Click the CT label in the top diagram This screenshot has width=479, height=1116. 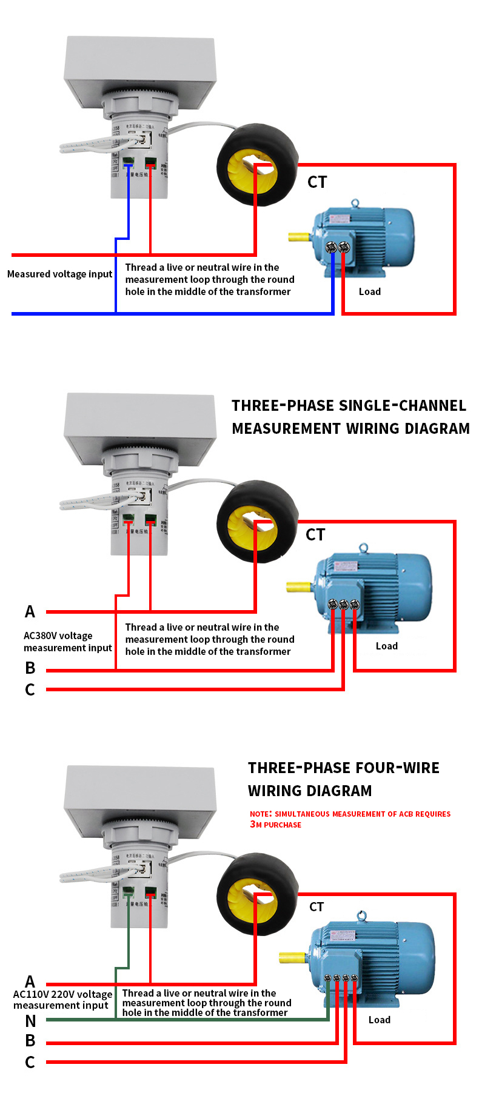(x=317, y=182)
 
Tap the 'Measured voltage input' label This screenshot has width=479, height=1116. (x=59, y=274)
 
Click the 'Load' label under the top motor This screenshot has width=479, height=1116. (x=369, y=291)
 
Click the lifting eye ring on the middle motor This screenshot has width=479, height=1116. (x=363, y=548)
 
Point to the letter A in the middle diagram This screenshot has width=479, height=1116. (x=30, y=611)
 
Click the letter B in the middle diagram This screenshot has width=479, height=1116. (x=30, y=668)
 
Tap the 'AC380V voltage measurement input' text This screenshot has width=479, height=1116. (x=67, y=642)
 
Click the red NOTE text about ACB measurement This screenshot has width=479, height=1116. (x=350, y=819)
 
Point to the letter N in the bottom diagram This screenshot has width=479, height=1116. (x=30, y=1021)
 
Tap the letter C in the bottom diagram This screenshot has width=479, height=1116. (x=30, y=1062)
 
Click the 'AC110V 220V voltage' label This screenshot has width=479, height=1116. (x=62, y=994)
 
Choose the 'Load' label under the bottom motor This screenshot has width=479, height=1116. (x=379, y=1020)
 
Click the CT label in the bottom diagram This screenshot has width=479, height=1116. (x=316, y=906)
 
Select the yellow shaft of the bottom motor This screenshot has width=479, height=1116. (x=292, y=957)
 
